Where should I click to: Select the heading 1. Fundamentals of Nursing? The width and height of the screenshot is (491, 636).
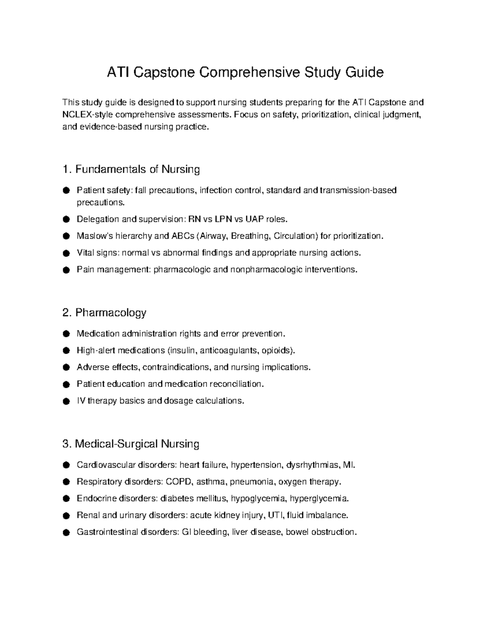point(131,169)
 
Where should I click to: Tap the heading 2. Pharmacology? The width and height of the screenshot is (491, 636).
point(104,313)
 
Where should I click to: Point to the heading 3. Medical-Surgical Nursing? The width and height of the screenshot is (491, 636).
point(131,444)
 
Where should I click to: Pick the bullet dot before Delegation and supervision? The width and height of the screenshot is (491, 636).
point(66,220)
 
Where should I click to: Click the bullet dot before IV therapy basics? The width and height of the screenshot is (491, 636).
point(66,401)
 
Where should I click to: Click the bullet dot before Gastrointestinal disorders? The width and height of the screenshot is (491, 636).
point(66,532)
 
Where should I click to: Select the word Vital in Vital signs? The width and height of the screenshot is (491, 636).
point(85,253)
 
